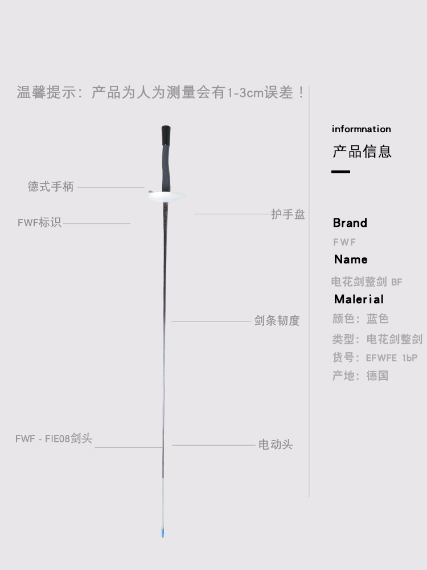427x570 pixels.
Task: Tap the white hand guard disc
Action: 166,197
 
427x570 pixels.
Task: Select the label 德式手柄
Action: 51,186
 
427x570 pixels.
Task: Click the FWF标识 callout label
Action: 39,222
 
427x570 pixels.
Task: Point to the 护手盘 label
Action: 288,214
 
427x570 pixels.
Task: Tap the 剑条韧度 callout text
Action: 277,321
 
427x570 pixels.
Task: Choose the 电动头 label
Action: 276,445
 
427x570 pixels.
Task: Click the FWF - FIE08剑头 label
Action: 54,439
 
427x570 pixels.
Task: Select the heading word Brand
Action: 350,223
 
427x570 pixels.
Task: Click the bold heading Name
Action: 351,259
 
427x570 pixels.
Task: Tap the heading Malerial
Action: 359,299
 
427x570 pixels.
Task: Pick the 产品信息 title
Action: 362,152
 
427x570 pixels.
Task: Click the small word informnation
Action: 362,129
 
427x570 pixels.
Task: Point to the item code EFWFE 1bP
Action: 392,358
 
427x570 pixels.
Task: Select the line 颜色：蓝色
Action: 360,319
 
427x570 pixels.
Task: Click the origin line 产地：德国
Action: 360,376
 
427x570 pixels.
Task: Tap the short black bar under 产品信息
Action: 340,172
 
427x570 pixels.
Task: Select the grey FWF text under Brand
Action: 344,242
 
